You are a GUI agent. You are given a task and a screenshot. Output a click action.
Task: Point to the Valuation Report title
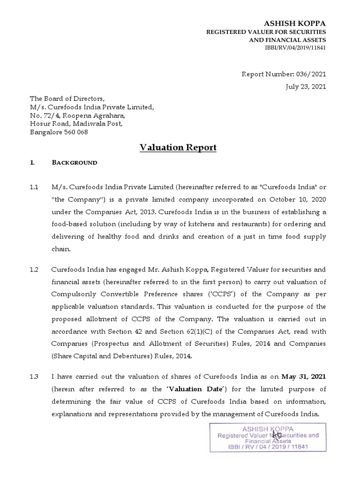[x=178, y=148]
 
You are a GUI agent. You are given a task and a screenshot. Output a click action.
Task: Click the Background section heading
[x=75, y=163]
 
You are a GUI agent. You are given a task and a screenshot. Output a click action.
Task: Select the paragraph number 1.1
[x=34, y=187]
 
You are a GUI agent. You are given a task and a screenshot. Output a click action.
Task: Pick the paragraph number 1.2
[x=34, y=270]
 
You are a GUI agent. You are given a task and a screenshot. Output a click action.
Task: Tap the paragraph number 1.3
[x=34, y=377]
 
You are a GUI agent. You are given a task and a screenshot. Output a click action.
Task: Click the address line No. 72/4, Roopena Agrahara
[x=78, y=115]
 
